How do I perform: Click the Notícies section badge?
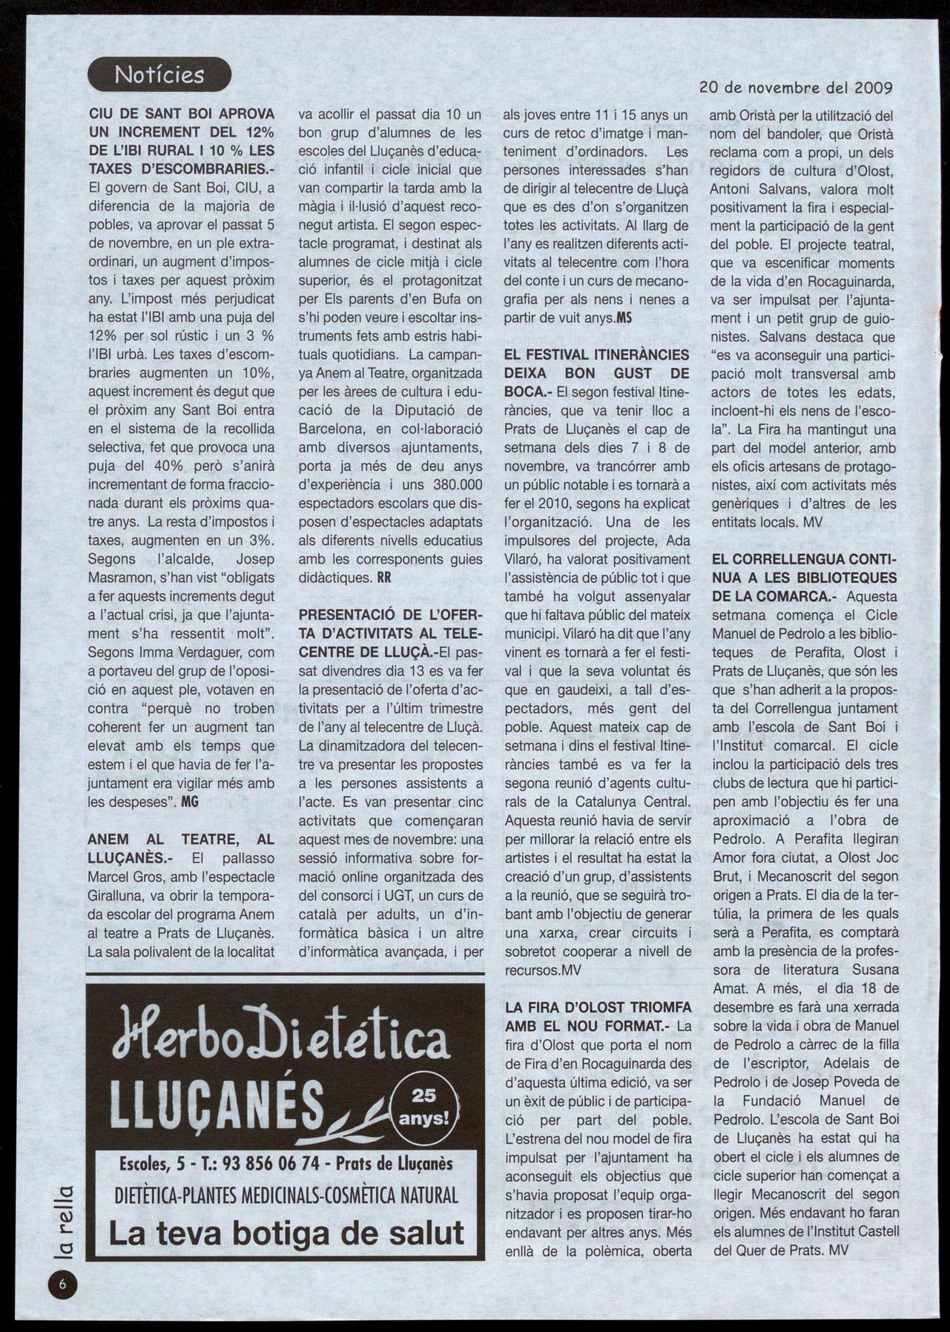[x=159, y=74]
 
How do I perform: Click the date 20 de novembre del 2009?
[x=796, y=88]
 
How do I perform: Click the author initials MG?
[x=191, y=802]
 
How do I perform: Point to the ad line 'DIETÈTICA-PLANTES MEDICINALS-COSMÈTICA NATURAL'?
[x=286, y=1196]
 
